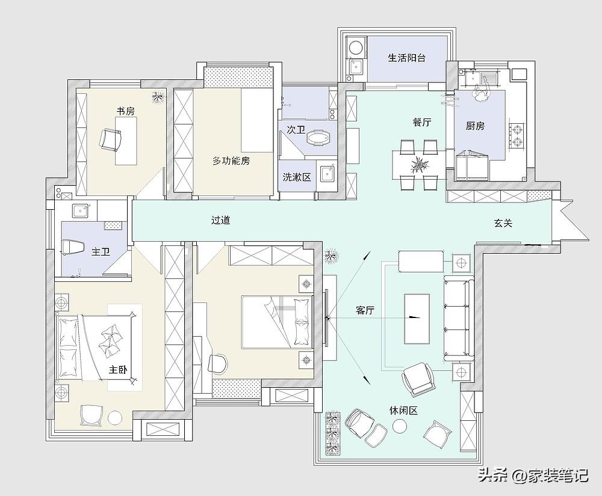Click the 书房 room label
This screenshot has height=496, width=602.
[x=125, y=111]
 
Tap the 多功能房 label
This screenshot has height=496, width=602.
[x=231, y=161]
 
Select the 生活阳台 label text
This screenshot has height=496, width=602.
[x=407, y=58]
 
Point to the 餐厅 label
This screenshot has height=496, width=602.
[x=421, y=122]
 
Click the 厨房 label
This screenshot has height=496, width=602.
[x=475, y=126]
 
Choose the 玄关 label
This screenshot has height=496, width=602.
[x=503, y=223]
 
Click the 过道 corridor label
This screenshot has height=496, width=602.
[x=220, y=220]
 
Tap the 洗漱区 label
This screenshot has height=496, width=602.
[x=297, y=177]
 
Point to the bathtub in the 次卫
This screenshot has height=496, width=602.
[x=318, y=138]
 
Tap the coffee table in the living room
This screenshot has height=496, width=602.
[x=417, y=318]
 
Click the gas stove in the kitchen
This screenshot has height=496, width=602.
[x=516, y=135]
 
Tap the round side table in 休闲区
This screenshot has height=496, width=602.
[x=399, y=426]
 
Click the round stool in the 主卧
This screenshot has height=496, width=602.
[x=115, y=417]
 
